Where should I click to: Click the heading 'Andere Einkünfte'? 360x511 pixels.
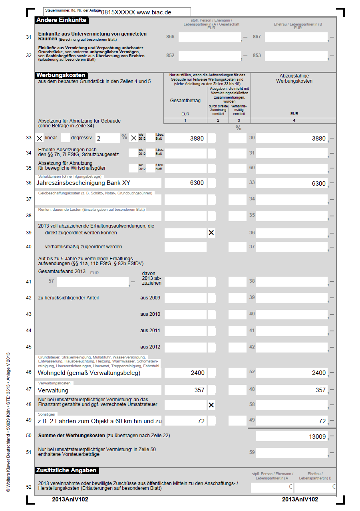point(61,20)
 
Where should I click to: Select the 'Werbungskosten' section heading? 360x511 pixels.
point(60,75)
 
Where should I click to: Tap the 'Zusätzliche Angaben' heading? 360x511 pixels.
point(66,470)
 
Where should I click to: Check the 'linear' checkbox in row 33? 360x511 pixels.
point(40,138)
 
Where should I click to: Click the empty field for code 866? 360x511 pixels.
point(209,38)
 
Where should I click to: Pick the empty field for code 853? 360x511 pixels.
point(296,56)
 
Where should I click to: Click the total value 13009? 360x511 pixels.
point(317,437)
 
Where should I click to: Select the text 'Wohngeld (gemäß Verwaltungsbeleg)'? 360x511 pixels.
point(89,373)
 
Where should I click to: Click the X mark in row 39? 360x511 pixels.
point(211,233)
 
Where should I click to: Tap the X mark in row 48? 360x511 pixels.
point(211,405)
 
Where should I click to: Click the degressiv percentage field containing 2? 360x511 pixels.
point(107,139)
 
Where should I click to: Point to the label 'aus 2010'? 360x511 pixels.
point(150,314)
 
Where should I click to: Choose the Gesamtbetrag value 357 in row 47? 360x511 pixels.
point(199,390)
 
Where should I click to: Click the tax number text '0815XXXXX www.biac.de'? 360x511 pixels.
point(136,12)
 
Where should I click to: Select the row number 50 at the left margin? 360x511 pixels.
point(28,436)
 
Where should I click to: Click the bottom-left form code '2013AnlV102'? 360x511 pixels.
point(70,499)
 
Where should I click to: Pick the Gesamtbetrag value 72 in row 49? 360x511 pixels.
point(201,421)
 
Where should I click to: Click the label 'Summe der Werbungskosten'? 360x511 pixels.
point(72,435)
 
